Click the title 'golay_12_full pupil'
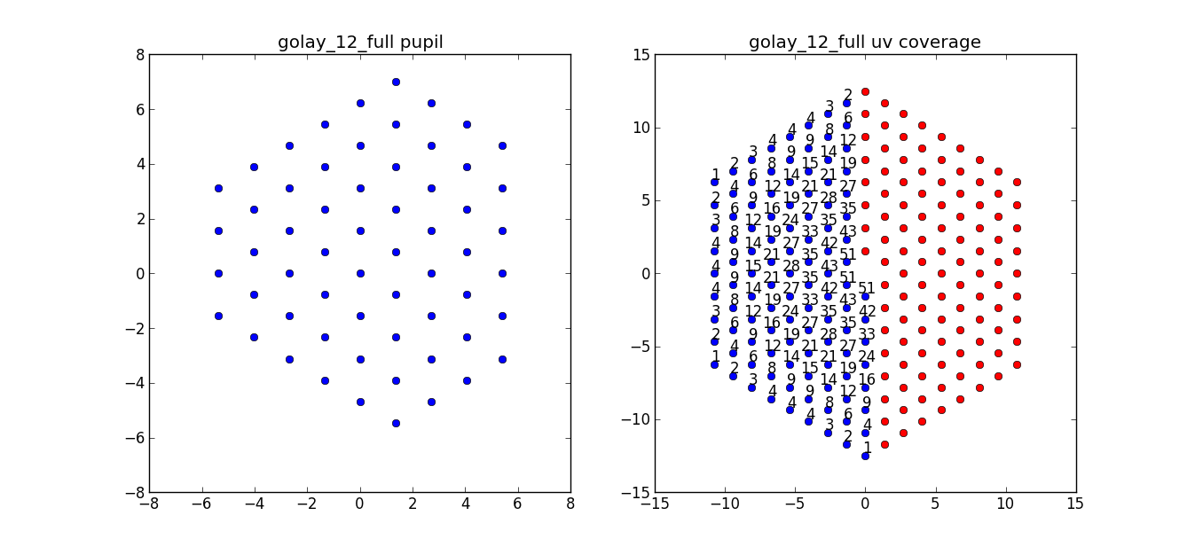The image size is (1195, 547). coord(359,43)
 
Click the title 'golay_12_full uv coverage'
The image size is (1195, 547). coord(864,43)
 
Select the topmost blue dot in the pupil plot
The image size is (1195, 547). coord(396,82)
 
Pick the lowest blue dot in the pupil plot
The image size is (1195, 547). coord(396,423)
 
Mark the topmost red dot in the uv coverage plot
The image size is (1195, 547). coord(865,91)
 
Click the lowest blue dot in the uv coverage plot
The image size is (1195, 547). coord(865,456)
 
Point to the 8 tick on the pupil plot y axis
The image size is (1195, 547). coord(138,56)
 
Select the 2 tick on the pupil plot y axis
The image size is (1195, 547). coord(138,219)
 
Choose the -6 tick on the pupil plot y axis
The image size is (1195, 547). coord(133,438)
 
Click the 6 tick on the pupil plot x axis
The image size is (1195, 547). coord(518,504)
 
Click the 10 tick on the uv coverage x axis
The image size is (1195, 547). coord(1005,504)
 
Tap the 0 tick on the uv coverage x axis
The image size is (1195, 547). coord(865,504)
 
